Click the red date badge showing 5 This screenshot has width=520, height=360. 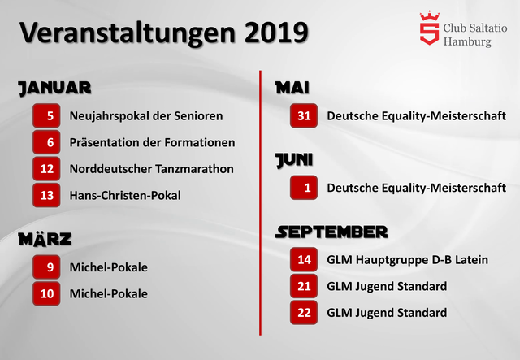click(46, 115)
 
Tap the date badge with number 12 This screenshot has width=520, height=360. click(46, 168)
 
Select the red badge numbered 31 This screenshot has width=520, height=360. click(304, 115)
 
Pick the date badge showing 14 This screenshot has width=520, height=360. click(304, 259)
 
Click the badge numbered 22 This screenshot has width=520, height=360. click(304, 313)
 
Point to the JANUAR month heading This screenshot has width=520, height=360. click(54, 89)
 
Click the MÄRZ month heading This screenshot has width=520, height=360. click(45, 239)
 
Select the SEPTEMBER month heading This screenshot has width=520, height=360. click(331, 232)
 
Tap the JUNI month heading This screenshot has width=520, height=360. click(294, 160)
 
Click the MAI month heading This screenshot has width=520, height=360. click(292, 88)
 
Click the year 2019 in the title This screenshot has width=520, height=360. click(276, 33)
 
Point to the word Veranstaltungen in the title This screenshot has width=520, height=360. click(128, 33)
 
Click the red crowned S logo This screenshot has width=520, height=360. click(430, 28)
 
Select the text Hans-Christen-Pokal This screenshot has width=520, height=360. click(125, 195)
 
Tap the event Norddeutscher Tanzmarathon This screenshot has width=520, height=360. click(152, 169)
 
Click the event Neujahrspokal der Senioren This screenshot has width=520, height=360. click(146, 116)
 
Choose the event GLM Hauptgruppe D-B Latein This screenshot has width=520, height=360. click(408, 260)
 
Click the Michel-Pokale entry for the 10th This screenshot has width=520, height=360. click(109, 293)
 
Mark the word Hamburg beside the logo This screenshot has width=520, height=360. click(467, 42)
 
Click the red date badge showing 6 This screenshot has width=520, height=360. click(46, 142)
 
